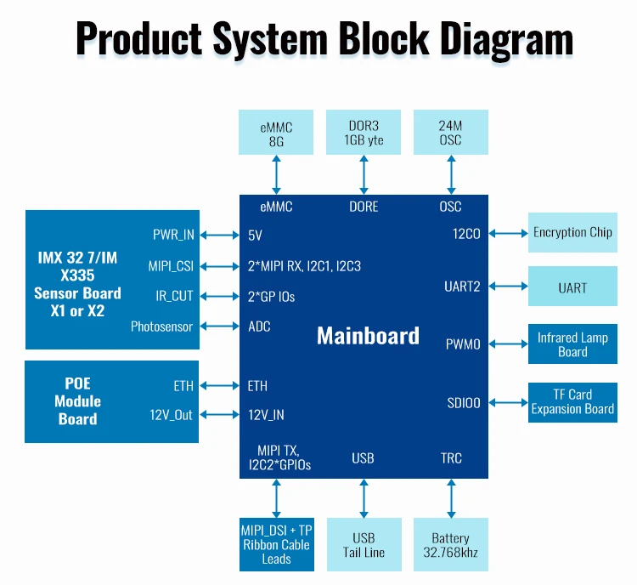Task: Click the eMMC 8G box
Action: (276, 132)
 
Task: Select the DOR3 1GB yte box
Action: (364, 132)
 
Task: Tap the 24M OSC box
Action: (450, 132)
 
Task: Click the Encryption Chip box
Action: (572, 232)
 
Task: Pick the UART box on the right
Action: (572, 287)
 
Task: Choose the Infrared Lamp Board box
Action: (572, 344)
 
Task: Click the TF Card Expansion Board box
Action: (572, 401)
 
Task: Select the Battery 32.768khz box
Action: (450, 545)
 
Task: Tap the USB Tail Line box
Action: (364, 545)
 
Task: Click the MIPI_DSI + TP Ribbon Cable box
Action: (276, 545)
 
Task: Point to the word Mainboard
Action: (368, 336)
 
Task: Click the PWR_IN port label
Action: (173, 235)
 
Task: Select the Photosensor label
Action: (161, 327)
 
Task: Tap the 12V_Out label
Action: (171, 415)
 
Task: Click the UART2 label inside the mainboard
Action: (462, 287)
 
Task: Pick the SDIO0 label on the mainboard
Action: (464, 402)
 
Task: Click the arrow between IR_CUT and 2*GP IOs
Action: (220, 297)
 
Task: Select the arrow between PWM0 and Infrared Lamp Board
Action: (508, 344)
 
